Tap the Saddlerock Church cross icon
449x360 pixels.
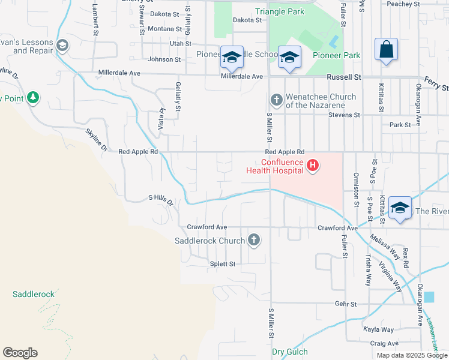(x=254, y=241)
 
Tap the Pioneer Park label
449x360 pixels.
(x=337, y=56)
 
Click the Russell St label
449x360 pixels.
(x=344, y=77)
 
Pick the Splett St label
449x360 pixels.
(x=222, y=264)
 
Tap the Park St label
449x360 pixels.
(x=399, y=125)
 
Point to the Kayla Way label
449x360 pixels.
(x=379, y=329)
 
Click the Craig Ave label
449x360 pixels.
(x=384, y=343)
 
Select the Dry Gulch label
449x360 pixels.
(x=290, y=352)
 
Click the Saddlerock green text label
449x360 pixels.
(x=34, y=294)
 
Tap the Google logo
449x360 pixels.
(x=20, y=353)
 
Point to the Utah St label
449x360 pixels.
(x=180, y=44)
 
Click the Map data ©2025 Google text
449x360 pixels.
(x=412, y=355)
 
